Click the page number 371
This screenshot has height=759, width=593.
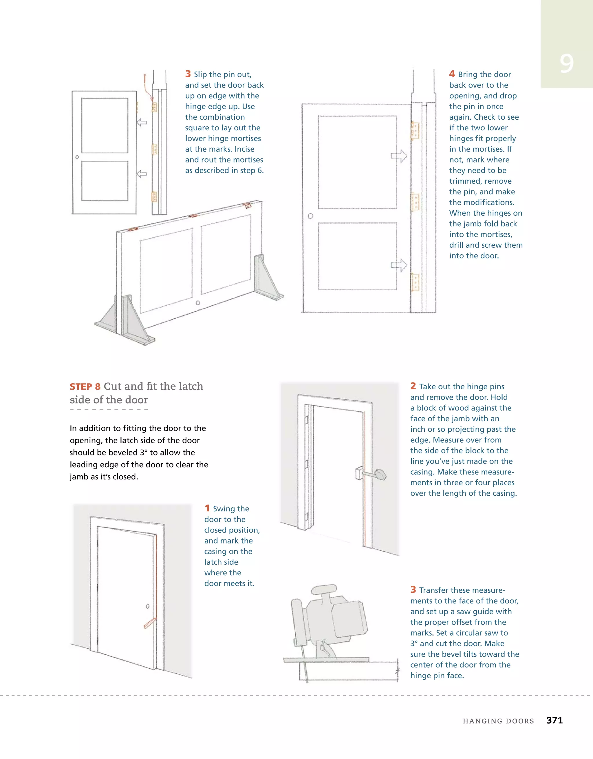point(554,720)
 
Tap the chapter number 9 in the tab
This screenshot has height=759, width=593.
point(566,64)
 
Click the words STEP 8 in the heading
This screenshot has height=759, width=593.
point(85,387)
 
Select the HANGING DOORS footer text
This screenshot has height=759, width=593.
point(498,721)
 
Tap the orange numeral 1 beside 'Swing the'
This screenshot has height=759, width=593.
point(207,508)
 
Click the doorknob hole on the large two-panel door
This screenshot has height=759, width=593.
point(310,216)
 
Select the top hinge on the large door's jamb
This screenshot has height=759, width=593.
point(415,130)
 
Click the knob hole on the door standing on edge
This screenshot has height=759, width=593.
point(198,303)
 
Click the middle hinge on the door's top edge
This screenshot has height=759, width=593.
point(193,216)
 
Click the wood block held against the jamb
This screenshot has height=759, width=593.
point(358,473)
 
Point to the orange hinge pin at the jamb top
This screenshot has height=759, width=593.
point(145,80)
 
